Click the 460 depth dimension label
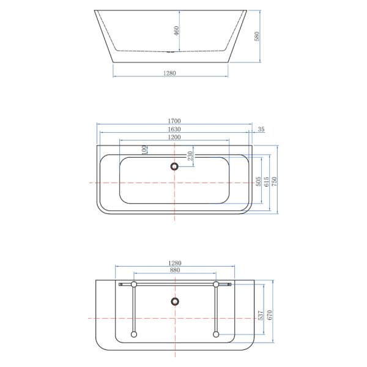176,31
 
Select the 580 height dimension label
257,36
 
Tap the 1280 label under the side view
169,73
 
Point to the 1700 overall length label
174,120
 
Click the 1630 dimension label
174,129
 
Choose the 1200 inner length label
174,137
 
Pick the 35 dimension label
261,129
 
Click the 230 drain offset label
190,155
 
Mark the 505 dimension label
258,182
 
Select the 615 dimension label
266,182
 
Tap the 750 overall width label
274,182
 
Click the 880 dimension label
175,270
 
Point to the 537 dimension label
261,315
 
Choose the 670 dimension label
269,315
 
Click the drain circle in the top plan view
174,166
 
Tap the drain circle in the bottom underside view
175,302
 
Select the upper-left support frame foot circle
134,284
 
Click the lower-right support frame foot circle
216,334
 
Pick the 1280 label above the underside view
175,263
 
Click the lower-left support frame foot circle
134,334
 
